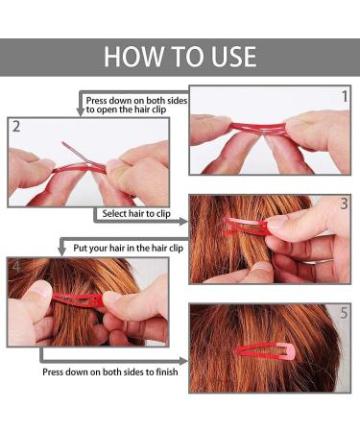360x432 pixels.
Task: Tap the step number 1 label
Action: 345,97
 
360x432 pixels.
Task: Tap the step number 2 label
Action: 16,127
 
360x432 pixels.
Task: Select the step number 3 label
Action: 344,204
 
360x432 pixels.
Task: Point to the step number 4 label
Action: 15,266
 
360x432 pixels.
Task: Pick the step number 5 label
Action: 344,313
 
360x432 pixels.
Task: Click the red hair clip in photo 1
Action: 257,129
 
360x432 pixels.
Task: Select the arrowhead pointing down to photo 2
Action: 80,112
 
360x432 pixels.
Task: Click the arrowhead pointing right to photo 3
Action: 183,221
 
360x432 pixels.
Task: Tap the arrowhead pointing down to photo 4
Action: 62,252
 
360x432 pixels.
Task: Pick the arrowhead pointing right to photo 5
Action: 183,361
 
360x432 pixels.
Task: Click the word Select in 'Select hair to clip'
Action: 114,213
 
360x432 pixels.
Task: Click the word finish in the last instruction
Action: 167,372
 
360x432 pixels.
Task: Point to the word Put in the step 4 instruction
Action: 79,248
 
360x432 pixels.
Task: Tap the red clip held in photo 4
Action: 78,300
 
